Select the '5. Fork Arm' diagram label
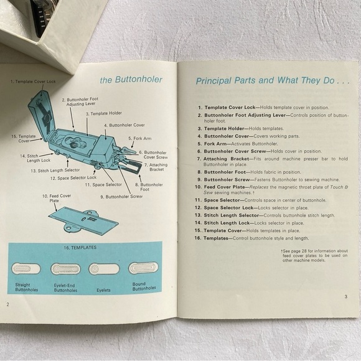coord(140,138)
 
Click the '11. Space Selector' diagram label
coord(104,185)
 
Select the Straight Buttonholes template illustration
coord(26,268)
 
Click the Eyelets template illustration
coord(96,269)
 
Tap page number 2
coord(8,304)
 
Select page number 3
coord(345,296)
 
